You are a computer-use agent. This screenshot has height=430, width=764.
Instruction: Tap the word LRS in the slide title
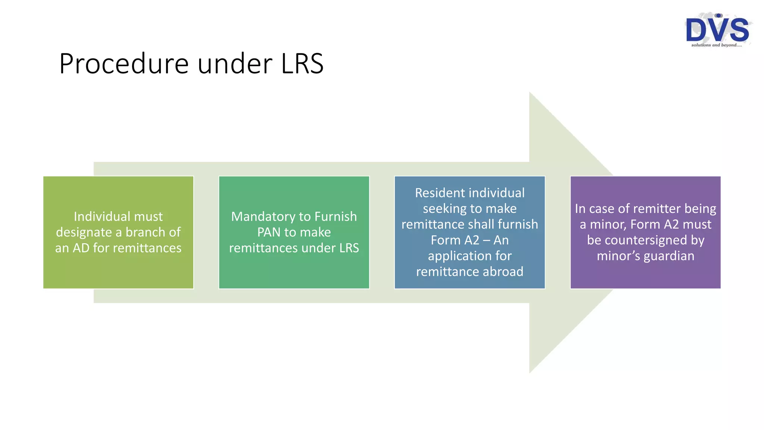[x=302, y=64]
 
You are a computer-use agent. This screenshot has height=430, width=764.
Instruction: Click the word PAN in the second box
[x=269, y=232]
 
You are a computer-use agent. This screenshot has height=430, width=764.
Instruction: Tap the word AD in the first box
[x=81, y=248]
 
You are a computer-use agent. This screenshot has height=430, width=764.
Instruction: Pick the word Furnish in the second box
[x=335, y=216]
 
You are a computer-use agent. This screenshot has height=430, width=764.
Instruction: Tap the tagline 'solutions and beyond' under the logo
[x=716, y=45]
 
